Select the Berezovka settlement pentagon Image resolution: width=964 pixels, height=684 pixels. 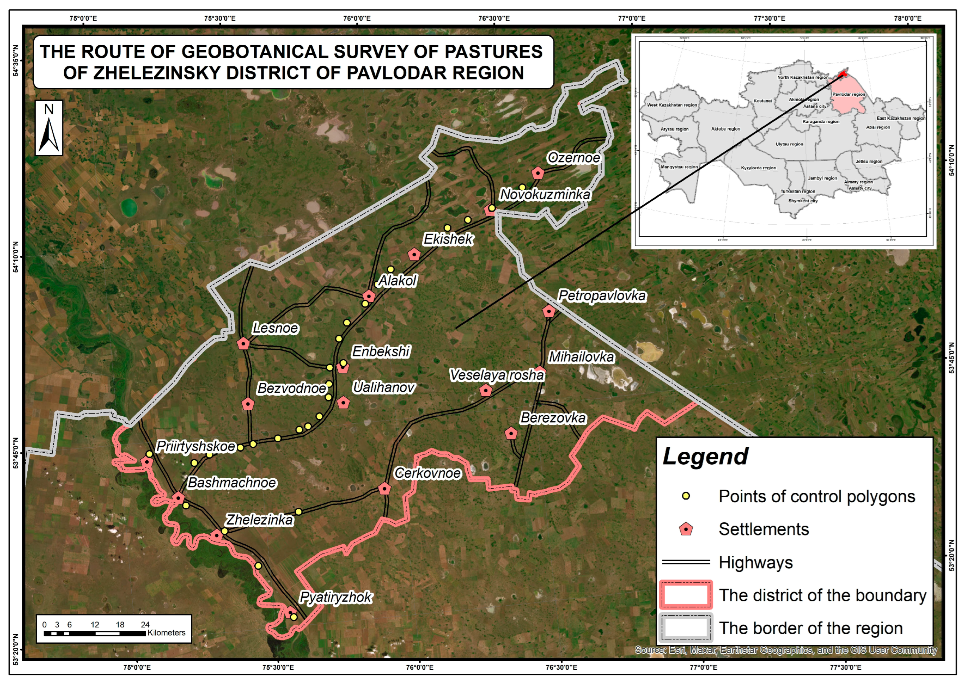point(511,433)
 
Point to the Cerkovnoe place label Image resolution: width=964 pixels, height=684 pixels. point(427,473)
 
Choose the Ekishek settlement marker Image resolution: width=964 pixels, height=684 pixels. point(414,254)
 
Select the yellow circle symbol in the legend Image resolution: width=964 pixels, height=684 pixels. point(686,496)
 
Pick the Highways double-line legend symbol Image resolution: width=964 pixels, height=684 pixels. point(686,562)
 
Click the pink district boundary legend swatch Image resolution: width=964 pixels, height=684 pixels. point(686,595)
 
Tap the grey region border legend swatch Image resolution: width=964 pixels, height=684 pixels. point(686,627)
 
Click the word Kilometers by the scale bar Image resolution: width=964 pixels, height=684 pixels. point(166,633)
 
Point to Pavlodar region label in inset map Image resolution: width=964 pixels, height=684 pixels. point(848,94)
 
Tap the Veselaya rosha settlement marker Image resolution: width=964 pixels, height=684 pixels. point(486,390)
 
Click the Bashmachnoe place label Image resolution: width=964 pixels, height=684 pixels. point(232,482)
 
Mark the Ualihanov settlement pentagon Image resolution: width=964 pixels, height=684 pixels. point(344,403)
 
